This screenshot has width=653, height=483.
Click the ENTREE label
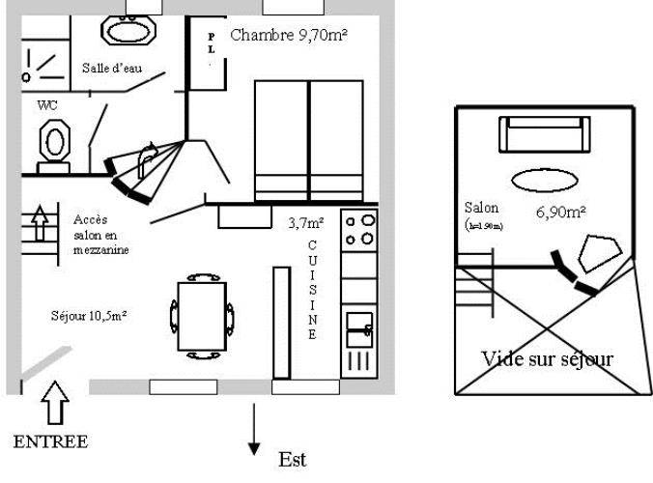click(x=50, y=441)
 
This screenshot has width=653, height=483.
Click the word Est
click(x=292, y=458)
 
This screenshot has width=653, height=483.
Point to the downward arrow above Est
click(x=254, y=430)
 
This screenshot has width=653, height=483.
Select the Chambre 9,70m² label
click(x=289, y=36)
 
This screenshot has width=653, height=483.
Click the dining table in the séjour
click(x=202, y=316)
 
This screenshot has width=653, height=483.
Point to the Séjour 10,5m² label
click(x=90, y=315)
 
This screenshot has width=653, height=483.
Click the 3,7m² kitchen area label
click(x=305, y=222)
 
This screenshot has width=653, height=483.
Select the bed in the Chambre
click(x=308, y=140)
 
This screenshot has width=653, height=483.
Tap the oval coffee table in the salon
click(x=546, y=180)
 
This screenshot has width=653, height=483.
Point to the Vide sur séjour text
click(x=547, y=358)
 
